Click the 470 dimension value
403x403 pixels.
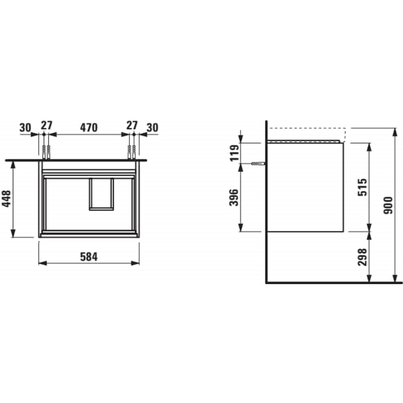89,128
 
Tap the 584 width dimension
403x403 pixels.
89,257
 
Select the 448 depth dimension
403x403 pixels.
6,198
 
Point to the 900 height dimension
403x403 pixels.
389,205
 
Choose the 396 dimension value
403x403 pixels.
234,197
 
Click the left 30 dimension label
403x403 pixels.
25,128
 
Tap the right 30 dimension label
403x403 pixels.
152,128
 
